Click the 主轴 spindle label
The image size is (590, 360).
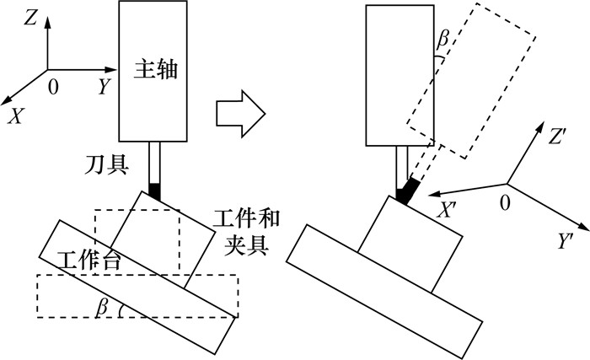click(155, 69)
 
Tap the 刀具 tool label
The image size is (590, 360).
click(107, 164)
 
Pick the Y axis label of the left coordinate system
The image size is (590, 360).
click(103, 86)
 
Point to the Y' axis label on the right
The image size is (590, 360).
click(566, 242)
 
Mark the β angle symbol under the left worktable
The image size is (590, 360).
click(103, 308)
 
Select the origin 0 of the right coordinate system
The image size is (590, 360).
click(506, 204)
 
